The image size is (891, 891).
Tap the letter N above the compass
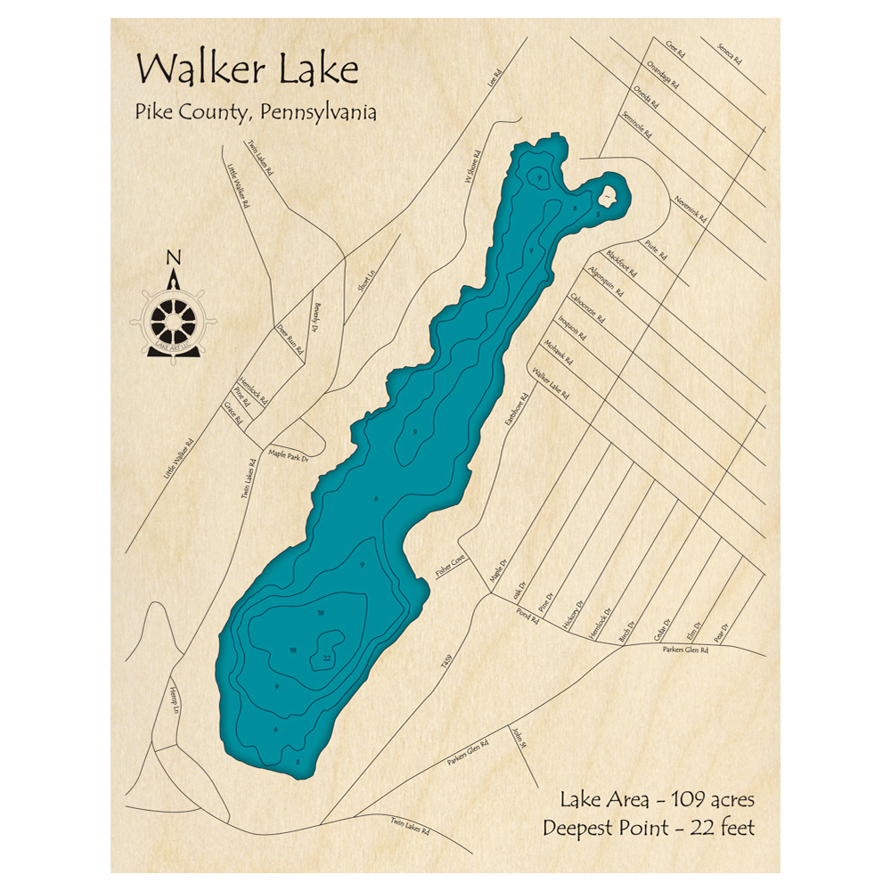coord(174,259)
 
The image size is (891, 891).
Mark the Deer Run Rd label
coord(290,338)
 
